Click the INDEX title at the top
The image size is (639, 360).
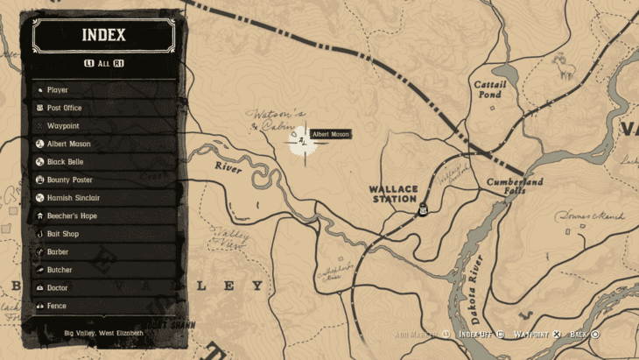coord(103,36)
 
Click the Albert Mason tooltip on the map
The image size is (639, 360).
coord(330,134)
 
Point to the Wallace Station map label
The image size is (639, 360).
coord(393,194)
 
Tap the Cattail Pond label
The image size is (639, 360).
coord(488,89)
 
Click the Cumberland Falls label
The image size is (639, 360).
coord(515,186)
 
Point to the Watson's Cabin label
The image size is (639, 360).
coord(276,119)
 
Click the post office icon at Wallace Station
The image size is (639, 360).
coord(423,208)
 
